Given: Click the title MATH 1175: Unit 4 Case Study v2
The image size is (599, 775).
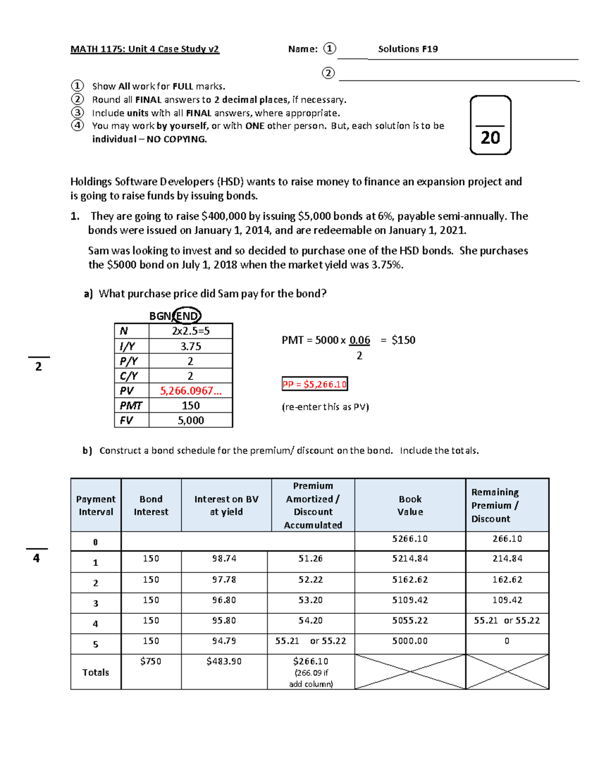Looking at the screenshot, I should point(145,49).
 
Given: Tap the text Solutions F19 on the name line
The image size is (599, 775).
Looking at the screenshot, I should point(408,49).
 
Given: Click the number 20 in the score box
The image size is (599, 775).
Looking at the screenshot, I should point(490,138).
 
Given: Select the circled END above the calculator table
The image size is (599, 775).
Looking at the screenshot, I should point(187,316).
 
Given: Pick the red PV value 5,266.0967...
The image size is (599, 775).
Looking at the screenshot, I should point(191,391).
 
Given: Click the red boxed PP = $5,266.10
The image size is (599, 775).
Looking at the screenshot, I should point(314,384).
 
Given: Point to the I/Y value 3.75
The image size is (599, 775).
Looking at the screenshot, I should point(191,346).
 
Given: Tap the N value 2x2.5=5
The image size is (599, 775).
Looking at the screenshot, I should point(191,331).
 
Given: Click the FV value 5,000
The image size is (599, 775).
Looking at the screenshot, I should point(191,421).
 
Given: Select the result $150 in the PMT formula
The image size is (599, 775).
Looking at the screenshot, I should point(403,340).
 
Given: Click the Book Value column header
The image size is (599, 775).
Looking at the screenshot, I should point(410,506).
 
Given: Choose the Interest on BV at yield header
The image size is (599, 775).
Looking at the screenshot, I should point(226,506).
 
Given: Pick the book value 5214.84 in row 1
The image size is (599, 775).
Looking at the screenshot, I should point(410,559).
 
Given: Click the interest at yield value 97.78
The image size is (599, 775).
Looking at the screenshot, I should point(224,580).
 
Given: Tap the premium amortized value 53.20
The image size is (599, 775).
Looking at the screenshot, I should point(310,600).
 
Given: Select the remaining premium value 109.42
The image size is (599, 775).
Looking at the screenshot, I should point(507,600).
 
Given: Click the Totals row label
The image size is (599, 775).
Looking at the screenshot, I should point(95,673).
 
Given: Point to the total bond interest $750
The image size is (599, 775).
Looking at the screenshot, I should point(151,662).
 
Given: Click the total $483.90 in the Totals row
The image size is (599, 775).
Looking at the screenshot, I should point(224,662).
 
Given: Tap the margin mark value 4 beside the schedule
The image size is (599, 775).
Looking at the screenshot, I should point(36,558).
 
